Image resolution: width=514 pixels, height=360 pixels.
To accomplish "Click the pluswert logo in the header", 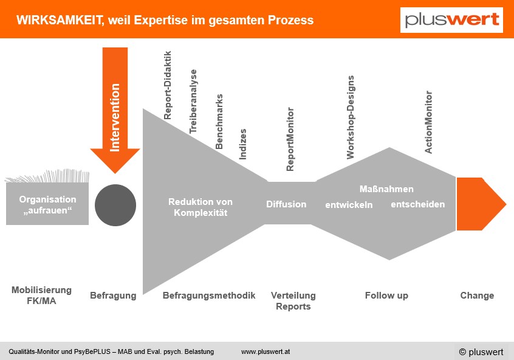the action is pos(451,20).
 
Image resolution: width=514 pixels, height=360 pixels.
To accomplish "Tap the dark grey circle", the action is pos(115,205).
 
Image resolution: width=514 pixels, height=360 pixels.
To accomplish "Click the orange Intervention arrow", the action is pos(115,110).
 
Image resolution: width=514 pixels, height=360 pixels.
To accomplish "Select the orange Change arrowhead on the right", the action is pos(481,204).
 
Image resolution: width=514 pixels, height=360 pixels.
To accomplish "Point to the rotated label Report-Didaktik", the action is pos(168,85).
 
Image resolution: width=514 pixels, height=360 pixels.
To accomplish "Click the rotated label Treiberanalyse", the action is pos(193,102).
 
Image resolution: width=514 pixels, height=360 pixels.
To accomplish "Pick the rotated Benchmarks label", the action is pos(219,122).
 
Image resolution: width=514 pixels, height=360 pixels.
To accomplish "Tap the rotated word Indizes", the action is pos(242,144).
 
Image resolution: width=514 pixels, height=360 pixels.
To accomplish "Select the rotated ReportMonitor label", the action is pos(290,139).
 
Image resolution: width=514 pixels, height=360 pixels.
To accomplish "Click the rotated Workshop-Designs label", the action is pos(351,117).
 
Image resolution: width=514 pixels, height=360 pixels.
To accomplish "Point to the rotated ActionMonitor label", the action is pos(428,122).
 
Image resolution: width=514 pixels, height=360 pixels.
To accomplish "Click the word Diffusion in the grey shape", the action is pos(286,204).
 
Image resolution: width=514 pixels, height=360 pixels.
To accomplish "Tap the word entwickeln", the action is pos(349,205).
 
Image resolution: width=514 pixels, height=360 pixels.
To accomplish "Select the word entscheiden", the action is pos(418,204).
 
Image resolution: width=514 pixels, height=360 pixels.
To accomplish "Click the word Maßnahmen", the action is pos(386,189).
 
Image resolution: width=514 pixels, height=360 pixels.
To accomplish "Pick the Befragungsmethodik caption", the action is pos(209,296).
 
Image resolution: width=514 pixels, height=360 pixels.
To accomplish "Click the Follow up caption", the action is pos(386,296).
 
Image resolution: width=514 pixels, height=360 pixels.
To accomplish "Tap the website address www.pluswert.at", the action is pos(266,352).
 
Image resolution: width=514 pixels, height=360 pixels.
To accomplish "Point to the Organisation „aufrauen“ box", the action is pos(47,204).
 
